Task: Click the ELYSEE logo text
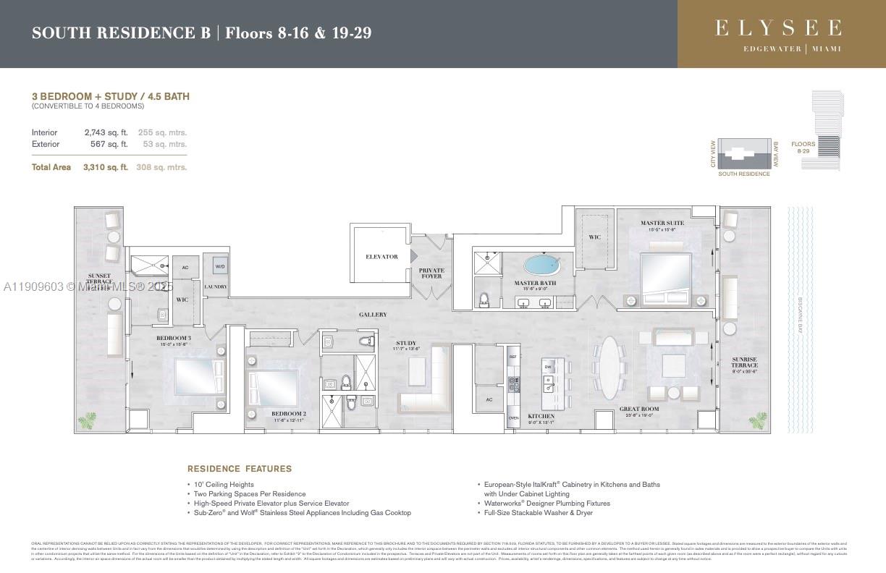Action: (778, 29)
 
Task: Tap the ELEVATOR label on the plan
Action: (381, 257)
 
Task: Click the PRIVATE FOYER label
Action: (431, 273)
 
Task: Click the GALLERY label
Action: (372, 315)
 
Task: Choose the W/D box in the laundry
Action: (219, 266)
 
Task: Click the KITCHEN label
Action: (541, 417)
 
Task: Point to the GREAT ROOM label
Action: (639, 410)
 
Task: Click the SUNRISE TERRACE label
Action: (743, 362)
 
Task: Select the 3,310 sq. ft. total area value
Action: (106, 167)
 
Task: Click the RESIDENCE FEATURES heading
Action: (240, 469)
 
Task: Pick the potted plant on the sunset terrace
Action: (90, 419)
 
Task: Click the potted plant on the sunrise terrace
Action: (758, 419)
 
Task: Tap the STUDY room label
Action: (406, 344)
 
